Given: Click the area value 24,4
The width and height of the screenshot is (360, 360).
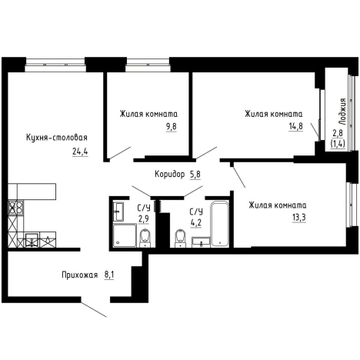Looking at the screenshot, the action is pyautogui.click(x=80, y=152).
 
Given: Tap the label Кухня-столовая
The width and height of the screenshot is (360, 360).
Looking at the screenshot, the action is pyautogui.click(x=57, y=138).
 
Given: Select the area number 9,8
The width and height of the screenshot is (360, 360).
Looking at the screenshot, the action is pyautogui.click(x=172, y=127).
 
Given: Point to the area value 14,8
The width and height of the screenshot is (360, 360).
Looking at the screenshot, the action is pyautogui.click(x=295, y=126).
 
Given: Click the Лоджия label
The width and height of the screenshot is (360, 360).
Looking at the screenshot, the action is pyautogui.click(x=342, y=112).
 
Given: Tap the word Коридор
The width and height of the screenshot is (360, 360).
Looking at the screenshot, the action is pyautogui.click(x=170, y=175).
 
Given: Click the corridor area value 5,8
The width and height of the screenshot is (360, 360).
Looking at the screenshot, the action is pyautogui.click(x=195, y=175).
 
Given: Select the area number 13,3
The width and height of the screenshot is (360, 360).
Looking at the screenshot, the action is pyautogui.click(x=299, y=218).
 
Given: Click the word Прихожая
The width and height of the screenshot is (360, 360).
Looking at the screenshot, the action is pyautogui.click(x=80, y=275).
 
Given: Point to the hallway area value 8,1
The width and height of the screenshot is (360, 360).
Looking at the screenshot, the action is pyautogui.click(x=109, y=275).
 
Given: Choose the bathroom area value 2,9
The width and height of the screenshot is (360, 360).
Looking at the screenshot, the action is pyautogui.click(x=144, y=219).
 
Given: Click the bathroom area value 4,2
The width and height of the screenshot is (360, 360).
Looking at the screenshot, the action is pyautogui.click(x=196, y=222).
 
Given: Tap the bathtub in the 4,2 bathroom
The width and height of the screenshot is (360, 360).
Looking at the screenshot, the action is pyautogui.click(x=219, y=224).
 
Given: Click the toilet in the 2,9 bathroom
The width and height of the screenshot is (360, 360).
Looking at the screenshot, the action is pyautogui.click(x=145, y=238).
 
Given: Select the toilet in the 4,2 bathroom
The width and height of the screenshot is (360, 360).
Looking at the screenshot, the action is pyautogui.click(x=181, y=238).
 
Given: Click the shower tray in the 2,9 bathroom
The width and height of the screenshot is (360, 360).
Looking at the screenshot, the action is pyautogui.click(x=125, y=235).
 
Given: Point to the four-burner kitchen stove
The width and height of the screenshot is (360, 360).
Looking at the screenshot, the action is pyautogui.click(x=15, y=208).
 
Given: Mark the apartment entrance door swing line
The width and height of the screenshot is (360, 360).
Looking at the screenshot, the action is pyautogui.click(x=94, y=309).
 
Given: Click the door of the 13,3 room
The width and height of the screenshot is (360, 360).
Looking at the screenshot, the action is pyautogui.click(x=238, y=175).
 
